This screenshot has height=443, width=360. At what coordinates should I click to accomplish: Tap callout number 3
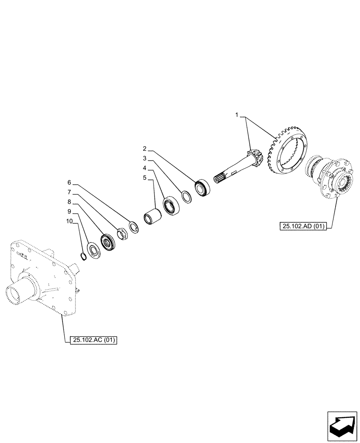[x=145, y=158]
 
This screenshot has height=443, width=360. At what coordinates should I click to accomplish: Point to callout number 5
[x=145, y=178]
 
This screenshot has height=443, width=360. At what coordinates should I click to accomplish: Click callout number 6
[x=69, y=182]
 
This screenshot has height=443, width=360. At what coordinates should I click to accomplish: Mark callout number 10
[x=69, y=223]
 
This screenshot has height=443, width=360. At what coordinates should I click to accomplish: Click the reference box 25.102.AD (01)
[x=303, y=226]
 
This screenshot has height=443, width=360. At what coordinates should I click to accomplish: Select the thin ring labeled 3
[x=187, y=196]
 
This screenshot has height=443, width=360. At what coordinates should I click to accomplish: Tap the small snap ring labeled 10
[x=82, y=256]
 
